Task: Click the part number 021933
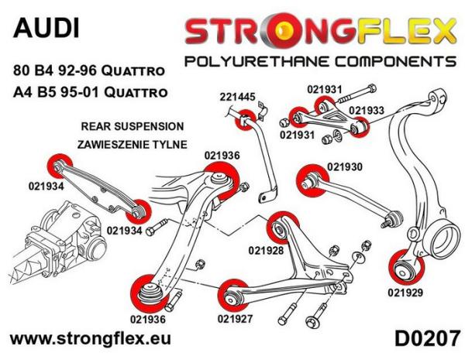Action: point(366,111)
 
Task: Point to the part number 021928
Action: point(266,250)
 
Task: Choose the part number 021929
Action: point(405,291)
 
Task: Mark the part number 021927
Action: point(235,316)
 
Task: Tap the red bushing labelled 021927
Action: point(232,292)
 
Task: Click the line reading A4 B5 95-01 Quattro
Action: point(87,91)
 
